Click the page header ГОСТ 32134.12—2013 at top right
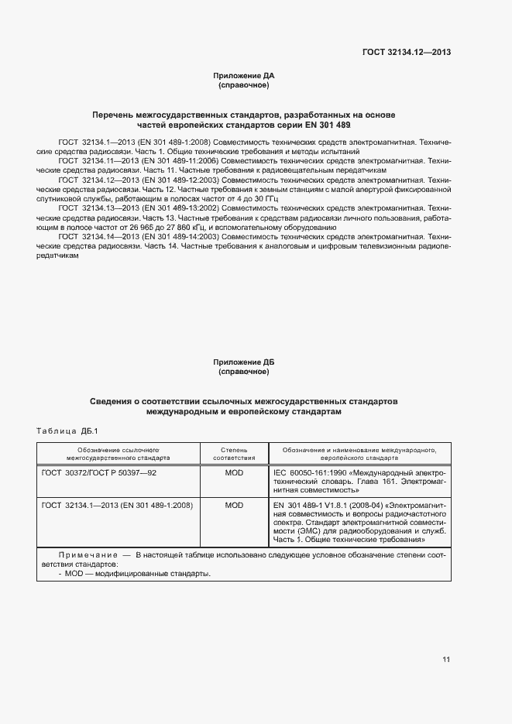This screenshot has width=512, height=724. coord(407,53)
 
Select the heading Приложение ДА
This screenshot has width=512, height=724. coord(244,76)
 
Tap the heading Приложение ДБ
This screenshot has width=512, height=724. coord(244,362)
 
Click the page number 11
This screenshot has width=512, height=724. coord(446,660)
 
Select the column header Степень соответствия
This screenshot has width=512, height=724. coord(233,453)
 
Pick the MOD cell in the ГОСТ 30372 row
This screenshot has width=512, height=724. coord(233,472)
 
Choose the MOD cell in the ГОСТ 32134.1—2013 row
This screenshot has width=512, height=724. coord(233,505)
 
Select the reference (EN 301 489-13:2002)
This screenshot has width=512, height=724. coord(180,208)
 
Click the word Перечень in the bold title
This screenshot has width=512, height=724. coord(113,115)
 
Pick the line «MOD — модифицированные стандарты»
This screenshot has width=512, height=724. coord(137,574)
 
